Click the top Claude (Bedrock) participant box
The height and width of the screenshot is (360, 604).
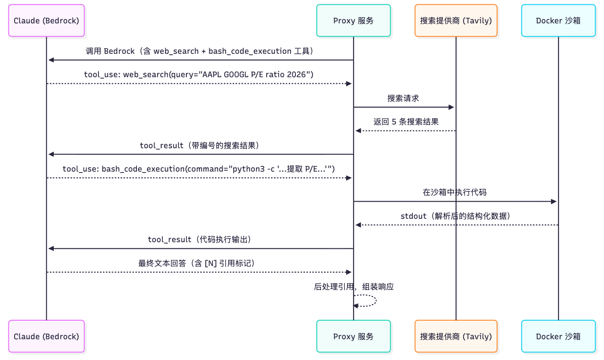click(x=46, y=20)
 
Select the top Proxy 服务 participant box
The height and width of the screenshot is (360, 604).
click(x=353, y=20)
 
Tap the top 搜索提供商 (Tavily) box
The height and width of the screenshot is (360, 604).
click(x=456, y=20)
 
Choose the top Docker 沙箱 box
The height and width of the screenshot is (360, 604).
click(x=558, y=20)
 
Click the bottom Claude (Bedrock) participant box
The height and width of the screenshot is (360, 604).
click(x=46, y=336)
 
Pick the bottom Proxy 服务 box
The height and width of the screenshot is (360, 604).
click(x=353, y=336)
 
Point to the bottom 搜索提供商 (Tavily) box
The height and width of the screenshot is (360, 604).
click(x=456, y=336)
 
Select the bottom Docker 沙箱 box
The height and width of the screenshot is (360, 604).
click(x=558, y=336)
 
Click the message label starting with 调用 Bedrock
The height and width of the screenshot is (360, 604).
click(x=200, y=51)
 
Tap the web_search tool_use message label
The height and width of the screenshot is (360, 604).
click(x=199, y=75)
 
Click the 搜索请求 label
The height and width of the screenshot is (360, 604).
click(x=403, y=98)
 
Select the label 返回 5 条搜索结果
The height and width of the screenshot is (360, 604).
click(x=406, y=122)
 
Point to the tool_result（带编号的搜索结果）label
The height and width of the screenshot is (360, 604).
click(x=199, y=146)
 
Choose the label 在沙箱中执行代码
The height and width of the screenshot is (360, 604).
click(x=454, y=192)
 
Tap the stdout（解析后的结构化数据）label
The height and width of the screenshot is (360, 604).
click(x=455, y=216)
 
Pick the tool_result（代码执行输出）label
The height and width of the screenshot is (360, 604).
click(x=199, y=240)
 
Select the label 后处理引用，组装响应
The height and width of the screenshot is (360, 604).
click(x=354, y=287)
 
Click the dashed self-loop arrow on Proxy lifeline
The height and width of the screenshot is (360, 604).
click(x=374, y=301)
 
